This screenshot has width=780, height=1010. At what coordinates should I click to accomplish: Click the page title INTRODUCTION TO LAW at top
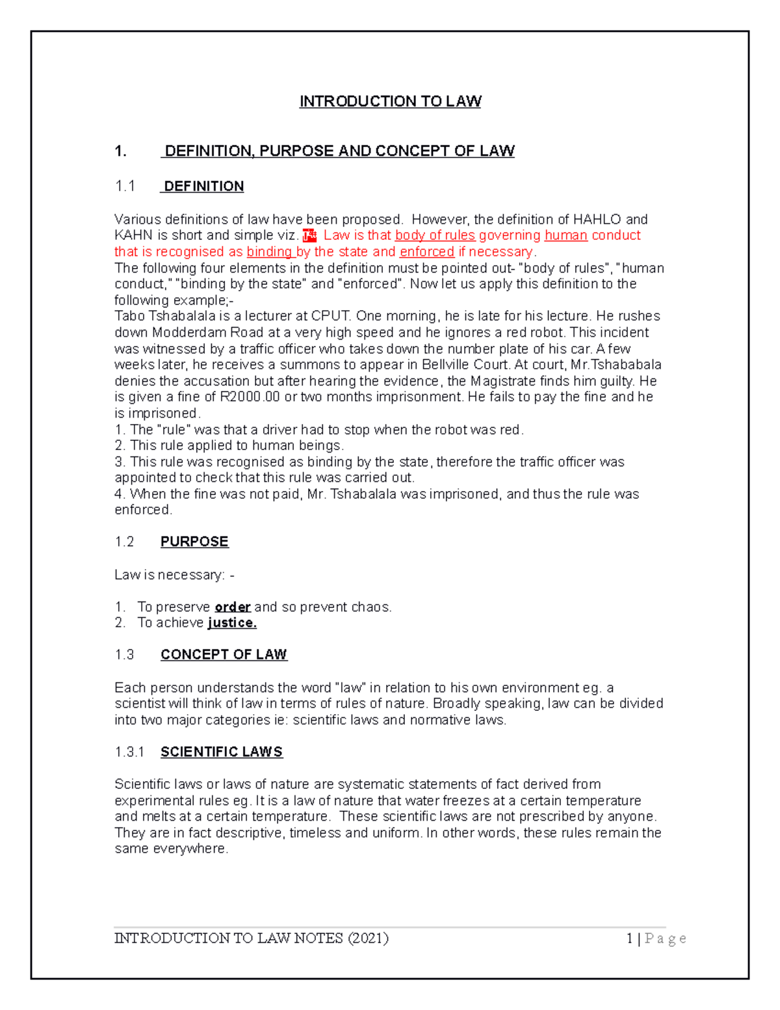[x=390, y=101]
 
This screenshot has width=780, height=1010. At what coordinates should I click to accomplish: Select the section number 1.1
[x=124, y=187]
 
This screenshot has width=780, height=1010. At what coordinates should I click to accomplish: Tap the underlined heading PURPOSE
[x=194, y=542]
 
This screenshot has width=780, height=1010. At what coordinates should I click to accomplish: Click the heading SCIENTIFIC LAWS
[x=221, y=752]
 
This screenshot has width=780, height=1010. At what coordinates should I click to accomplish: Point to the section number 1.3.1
[x=129, y=752]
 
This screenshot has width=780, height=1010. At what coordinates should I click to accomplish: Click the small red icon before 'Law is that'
[x=309, y=235]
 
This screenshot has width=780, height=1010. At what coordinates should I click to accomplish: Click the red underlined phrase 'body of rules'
[x=435, y=235]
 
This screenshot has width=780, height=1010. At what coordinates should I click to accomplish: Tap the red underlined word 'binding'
[x=270, y=252]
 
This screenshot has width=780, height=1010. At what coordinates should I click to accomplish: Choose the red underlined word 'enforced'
[x=426, y=252]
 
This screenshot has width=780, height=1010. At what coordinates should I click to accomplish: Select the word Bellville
[x=452, y=364]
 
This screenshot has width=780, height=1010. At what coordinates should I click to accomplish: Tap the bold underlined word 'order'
[x=232, y=607]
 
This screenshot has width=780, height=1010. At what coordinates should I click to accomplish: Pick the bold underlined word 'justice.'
[x=232, y=623]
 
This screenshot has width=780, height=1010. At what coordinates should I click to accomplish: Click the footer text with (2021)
[x=251, y=938]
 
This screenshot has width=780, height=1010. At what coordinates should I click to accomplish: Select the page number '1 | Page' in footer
[x=656, y=938]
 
